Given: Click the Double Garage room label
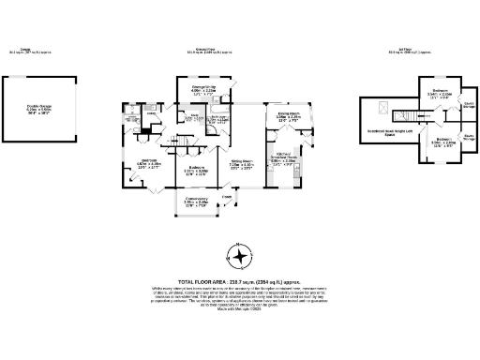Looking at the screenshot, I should [x=39, y=108].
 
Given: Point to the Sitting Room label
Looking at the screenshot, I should [x=241, y=166].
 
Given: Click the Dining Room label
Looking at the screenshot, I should [x=288, y=116].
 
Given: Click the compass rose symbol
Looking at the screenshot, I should [x=241, y=256].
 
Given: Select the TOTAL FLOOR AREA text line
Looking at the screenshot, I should [x=240, y=280].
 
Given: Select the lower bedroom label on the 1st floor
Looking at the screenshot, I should [x=443, y=143].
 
